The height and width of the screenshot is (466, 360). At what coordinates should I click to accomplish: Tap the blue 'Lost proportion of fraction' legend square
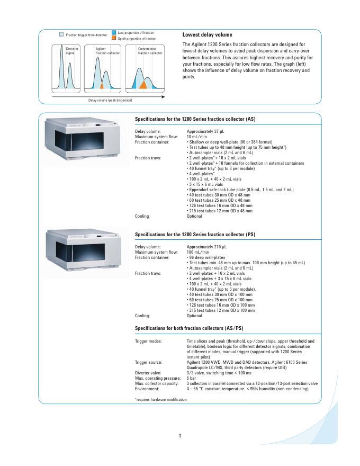click(114, 32)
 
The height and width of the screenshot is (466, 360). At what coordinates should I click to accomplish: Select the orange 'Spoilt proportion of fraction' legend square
click(114, 39)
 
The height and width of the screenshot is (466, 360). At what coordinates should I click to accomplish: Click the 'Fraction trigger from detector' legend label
click(86, 35)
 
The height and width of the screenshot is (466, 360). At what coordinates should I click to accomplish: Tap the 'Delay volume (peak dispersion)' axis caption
click(110, 100)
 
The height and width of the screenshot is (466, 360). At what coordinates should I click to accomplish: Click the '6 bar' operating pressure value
click(192, 378)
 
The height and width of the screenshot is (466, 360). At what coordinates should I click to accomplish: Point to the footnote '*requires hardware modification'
click(161, 399)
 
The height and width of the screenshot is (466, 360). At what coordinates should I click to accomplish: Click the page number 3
click(180, 435)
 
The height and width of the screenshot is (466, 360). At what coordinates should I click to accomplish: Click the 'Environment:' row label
click(148, 389)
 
